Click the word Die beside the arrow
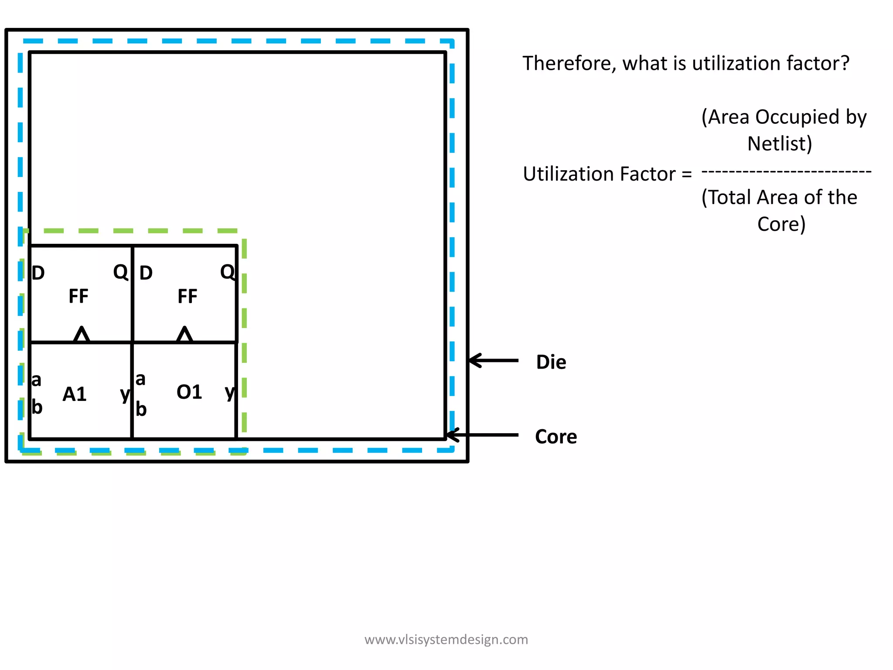point(551,362)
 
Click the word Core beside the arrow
point(556,437)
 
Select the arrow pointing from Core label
point(482,435)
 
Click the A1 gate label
point(75,394)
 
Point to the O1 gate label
point(189,392)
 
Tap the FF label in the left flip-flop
point(78,296)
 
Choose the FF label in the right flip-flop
point(187,297)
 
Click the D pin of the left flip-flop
point(38,273)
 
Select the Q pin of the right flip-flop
point(227,272)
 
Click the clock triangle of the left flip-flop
point(82,334)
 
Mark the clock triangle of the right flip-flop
point(185,334)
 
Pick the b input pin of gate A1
point(37,407)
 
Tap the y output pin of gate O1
point(230,392)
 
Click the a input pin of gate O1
point(140,379)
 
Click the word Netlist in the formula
point(779,144)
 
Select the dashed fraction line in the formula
point(786,172)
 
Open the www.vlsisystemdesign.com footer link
point(446,639)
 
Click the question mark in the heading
point(845,64)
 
